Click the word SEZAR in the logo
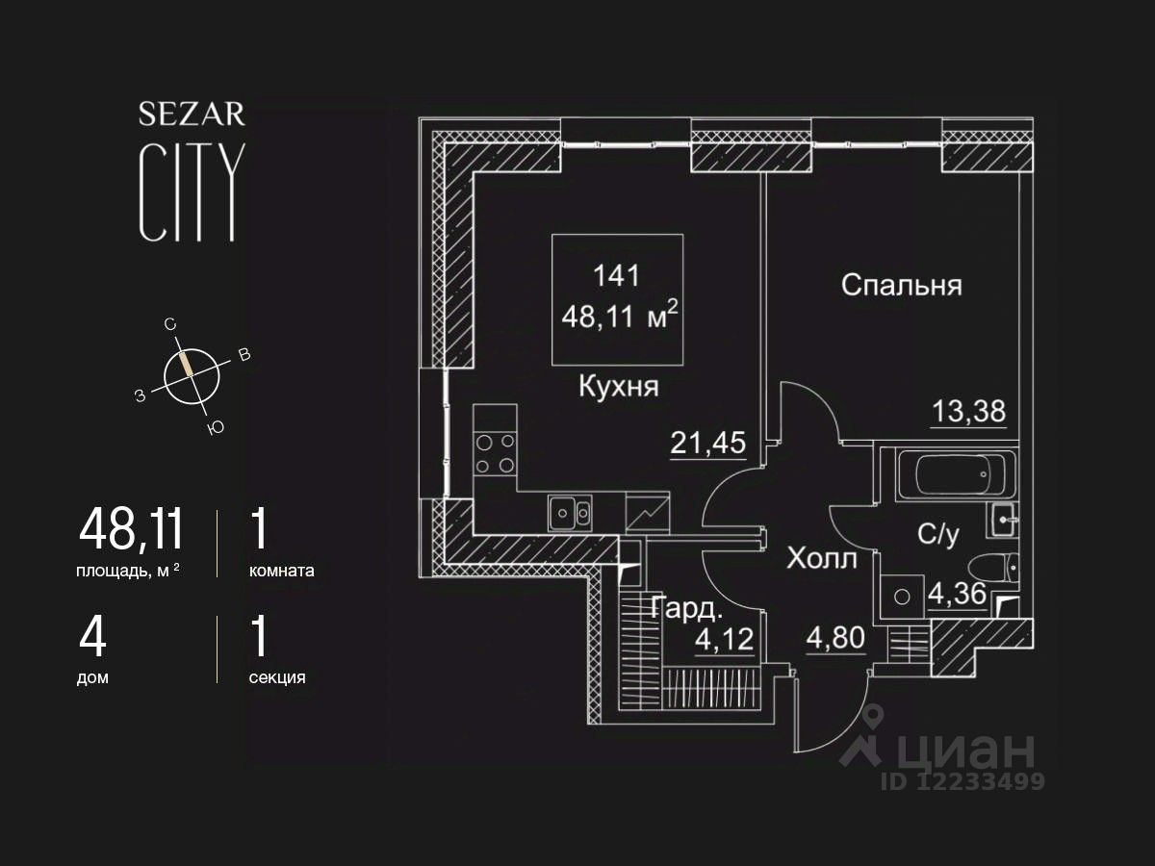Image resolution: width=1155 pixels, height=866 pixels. click(192, 115)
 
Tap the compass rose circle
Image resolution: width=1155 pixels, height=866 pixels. click(192, 374)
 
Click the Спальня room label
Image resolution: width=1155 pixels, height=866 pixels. click(902, 285)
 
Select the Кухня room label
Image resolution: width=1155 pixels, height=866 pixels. click(618, 387)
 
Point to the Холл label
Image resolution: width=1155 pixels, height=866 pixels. click(821, 559)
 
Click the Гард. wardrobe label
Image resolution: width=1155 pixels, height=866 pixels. click(684, 608)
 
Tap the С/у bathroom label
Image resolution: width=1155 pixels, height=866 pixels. click(938, 535)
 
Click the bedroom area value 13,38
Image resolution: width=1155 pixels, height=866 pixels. click(968, 412)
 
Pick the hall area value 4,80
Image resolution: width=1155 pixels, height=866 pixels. click(835, 638)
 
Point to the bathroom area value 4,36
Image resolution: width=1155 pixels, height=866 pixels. click(957, 594)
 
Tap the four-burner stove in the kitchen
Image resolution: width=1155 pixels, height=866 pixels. click(495, 454)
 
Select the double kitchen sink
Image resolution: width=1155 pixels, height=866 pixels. click(570, 513)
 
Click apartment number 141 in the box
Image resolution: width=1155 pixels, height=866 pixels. click(617, 275)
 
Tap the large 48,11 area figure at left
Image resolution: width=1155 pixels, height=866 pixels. click(131, 529)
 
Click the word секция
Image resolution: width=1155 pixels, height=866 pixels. click(277, 677)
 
